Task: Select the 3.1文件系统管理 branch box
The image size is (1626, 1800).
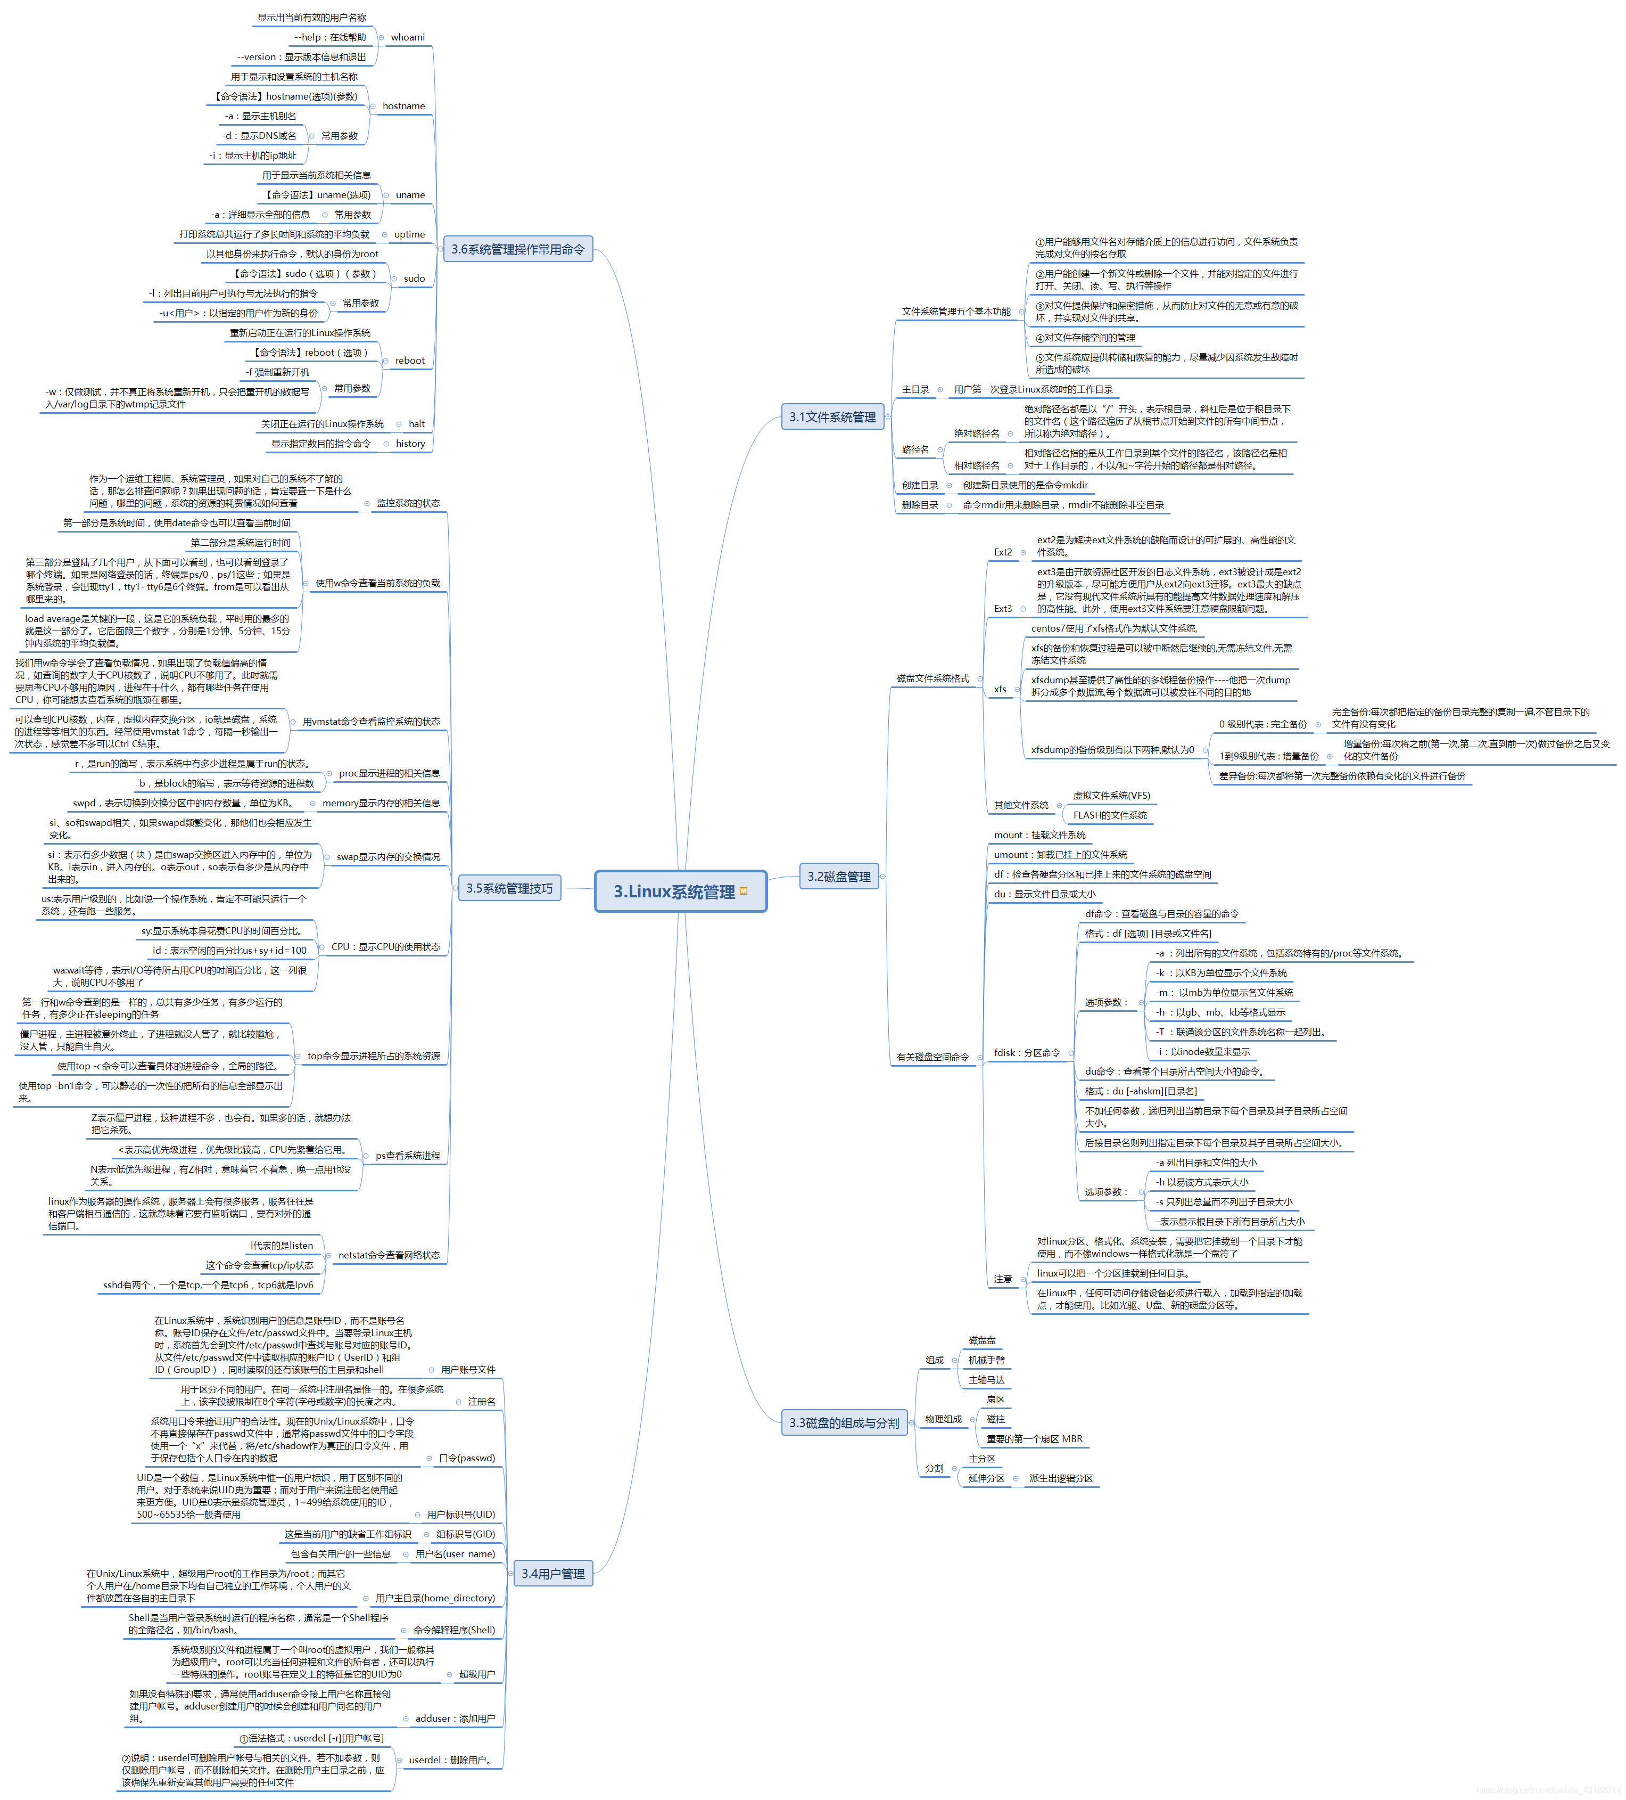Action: click(832, 417)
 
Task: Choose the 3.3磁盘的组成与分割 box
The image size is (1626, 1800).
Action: click(844, 1422)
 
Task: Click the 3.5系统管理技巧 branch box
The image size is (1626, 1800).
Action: click(509, 888)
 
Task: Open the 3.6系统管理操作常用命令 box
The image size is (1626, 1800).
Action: click(518, 249)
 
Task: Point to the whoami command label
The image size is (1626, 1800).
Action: click(407, 37)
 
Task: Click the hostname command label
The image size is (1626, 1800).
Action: click(403, 107)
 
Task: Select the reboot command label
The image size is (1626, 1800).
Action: click(410, 361)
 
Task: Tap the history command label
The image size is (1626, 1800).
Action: click(410, 444)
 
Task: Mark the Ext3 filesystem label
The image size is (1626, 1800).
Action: click(1003, 609)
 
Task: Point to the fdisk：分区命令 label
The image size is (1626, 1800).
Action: click(1026, 1053)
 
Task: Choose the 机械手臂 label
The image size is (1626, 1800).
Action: click(986, 1360)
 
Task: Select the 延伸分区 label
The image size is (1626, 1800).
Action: click(986, 1478)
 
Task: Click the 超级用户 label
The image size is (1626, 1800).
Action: click(476, 1674)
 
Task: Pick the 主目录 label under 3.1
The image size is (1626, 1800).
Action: click(915, 389)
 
